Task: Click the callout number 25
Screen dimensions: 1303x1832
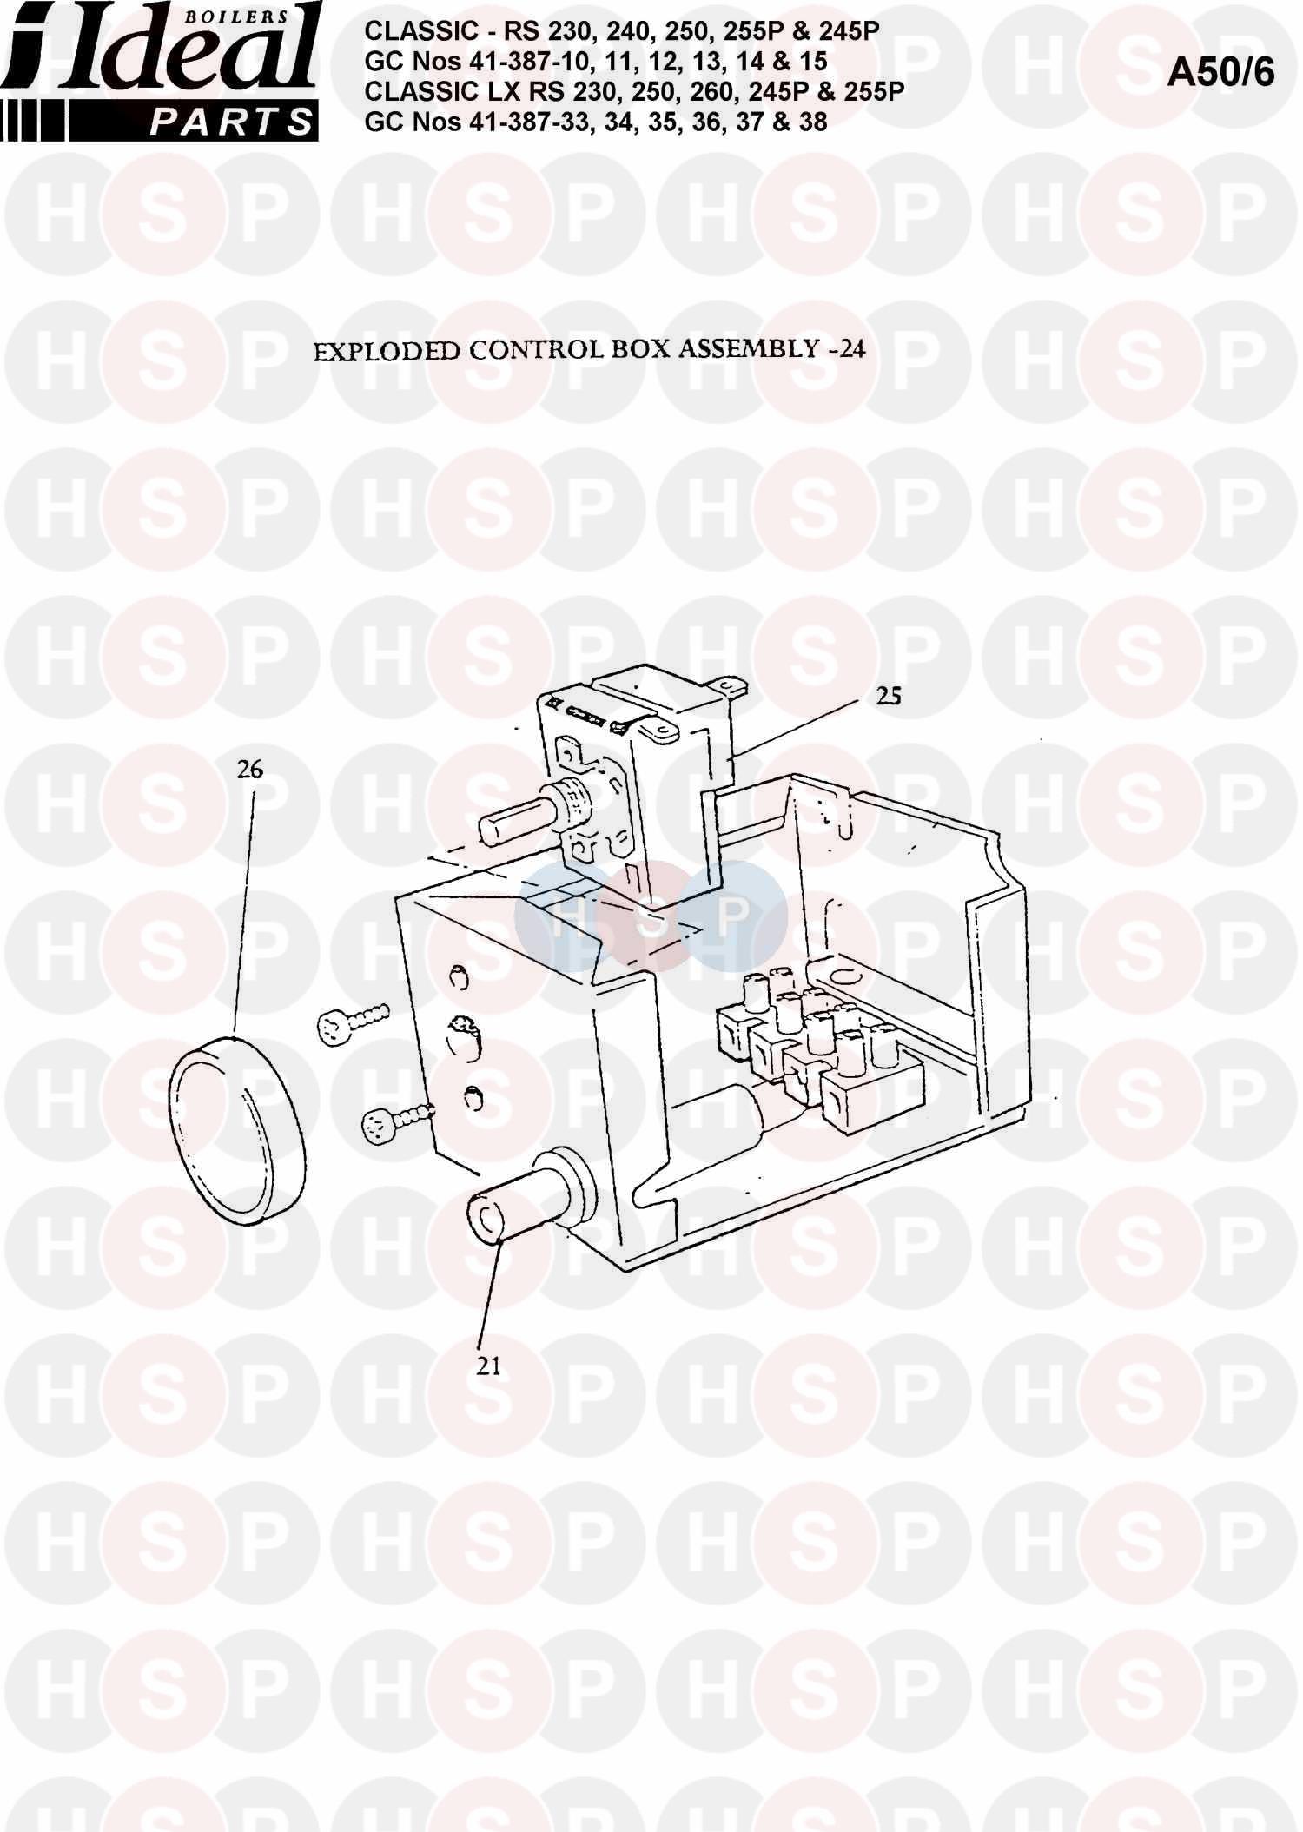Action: pos(888,696)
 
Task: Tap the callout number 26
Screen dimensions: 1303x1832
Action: pos(250,770)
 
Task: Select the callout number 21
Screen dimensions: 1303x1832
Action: pos(489,1366)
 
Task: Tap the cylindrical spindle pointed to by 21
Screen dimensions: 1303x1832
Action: pos(526,1196)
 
